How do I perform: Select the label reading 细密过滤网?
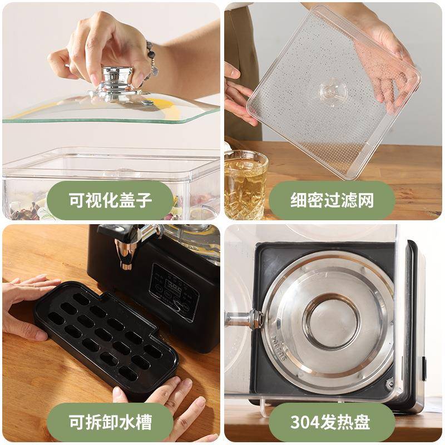tap(332, 200)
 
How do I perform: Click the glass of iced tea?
tap(245, 184)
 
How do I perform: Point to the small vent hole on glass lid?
tap(147, 102)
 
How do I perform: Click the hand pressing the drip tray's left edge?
tap(25, 306)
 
